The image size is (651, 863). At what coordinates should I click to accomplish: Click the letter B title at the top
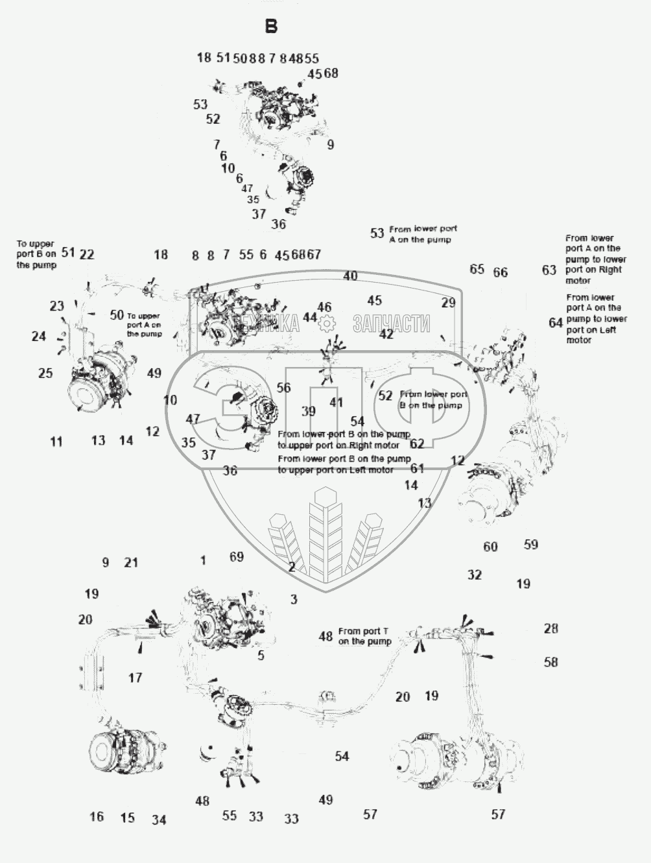tap(271, 27)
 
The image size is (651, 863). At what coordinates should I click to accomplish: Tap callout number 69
tap(237, 557)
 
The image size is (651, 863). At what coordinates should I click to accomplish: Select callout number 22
tap(87, 255)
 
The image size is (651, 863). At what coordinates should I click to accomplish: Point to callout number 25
tap(45, 373)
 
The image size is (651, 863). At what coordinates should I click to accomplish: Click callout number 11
tap(56, 442)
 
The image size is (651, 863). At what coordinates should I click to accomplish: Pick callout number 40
tap(350, 276)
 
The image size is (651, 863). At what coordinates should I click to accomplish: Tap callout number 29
tap(449, 303)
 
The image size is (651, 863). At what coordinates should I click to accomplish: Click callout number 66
tap(501, 273)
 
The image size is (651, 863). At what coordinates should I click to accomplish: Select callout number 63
tap(549, 270)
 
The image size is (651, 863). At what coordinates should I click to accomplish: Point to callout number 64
tap(556, 323)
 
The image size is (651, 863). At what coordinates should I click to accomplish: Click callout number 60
tap(491, 547)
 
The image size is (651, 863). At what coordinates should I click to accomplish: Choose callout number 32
tap(475, 575)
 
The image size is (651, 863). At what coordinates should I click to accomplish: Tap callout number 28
tap(551, 629)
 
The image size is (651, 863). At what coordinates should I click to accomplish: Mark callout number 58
tap(551, 663)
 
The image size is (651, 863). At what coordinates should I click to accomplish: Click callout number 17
tap(135, 678)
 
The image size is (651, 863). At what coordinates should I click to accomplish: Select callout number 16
tap(97, 817)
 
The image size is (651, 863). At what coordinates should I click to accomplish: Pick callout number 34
tap(160, 820)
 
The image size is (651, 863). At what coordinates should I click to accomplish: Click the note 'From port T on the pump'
tap(364, 636)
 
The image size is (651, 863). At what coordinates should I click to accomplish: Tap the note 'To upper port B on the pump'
tap(36, 255)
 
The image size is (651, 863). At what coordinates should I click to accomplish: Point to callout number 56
tap(284, 388)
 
